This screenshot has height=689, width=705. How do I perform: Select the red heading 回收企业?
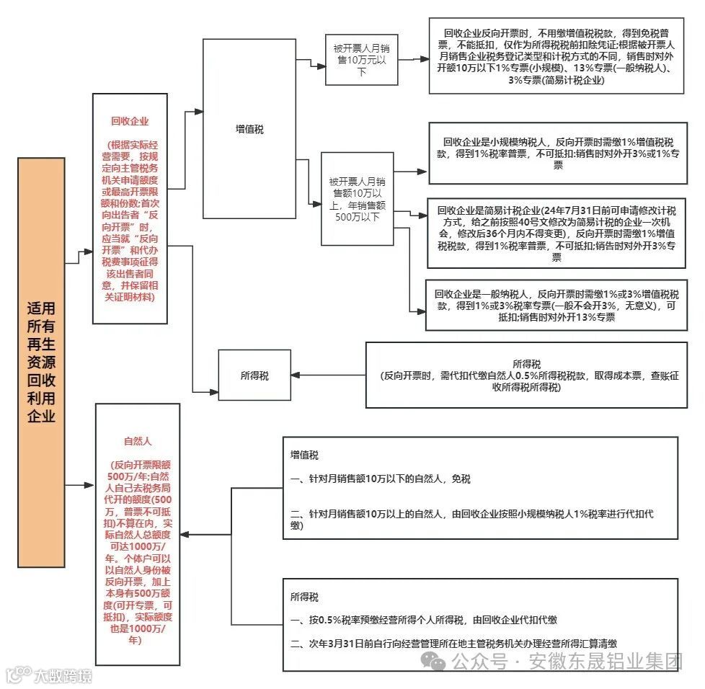(130, 121)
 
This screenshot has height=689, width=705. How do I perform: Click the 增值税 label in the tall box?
(249, 130)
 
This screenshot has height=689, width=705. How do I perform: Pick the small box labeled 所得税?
(254, 375)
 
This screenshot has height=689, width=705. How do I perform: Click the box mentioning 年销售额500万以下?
(357, 189)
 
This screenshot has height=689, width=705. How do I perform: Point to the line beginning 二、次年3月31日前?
(453, 643)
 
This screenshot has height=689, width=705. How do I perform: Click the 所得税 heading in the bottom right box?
(304, 597)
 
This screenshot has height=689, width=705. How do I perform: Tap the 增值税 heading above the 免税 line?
(304, 455)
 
